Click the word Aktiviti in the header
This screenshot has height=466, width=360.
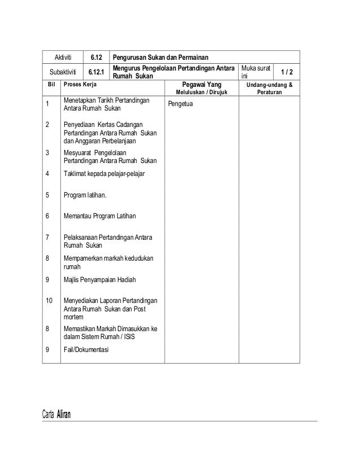coord(63,58)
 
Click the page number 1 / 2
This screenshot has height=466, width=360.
coord(287,72)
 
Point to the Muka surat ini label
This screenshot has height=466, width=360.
coord(256,72)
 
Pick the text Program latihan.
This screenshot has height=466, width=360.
coord(89,195)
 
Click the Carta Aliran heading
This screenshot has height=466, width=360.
coord(57,416)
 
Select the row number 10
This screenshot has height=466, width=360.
coord(49,300)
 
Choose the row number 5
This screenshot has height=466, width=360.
coord(47,195)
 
